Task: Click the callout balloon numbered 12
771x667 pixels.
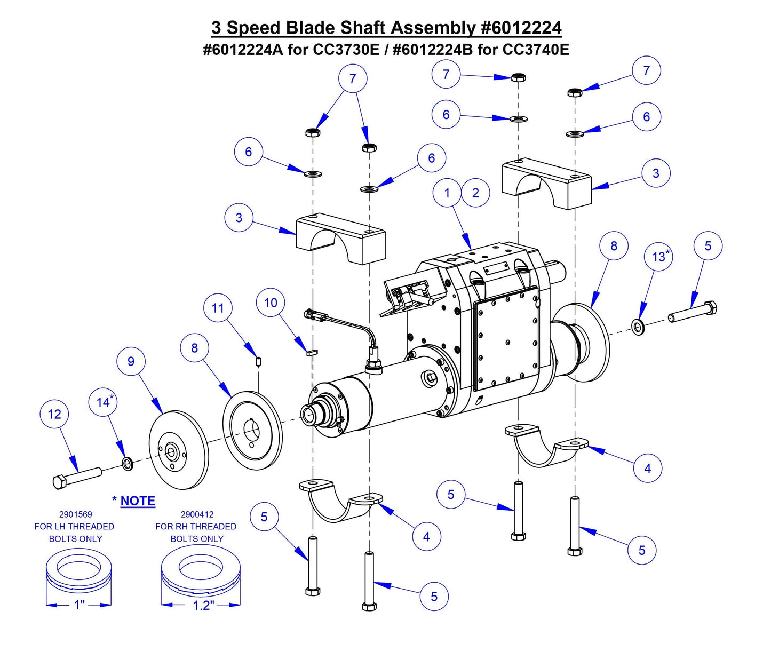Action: point(54,415)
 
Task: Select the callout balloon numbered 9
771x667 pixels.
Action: point(131,361)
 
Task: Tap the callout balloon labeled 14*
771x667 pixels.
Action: point(104,402)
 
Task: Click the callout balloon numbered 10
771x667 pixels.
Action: point(271,303)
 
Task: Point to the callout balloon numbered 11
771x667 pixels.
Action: point(218,308)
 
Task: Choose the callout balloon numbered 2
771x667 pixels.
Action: point(475,193)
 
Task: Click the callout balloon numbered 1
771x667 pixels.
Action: point(447,193)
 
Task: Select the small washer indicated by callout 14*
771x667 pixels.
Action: point(128,464)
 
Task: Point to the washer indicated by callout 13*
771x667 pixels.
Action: point(638,325)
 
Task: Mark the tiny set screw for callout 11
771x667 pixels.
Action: point(258,362)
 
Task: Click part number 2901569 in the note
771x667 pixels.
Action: point(75,514)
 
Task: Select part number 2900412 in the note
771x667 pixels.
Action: point(197,514)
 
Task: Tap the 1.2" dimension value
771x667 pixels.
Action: point(203,605)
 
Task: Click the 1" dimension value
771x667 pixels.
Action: point(79,605)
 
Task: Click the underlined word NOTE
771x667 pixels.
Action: point(138,501)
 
